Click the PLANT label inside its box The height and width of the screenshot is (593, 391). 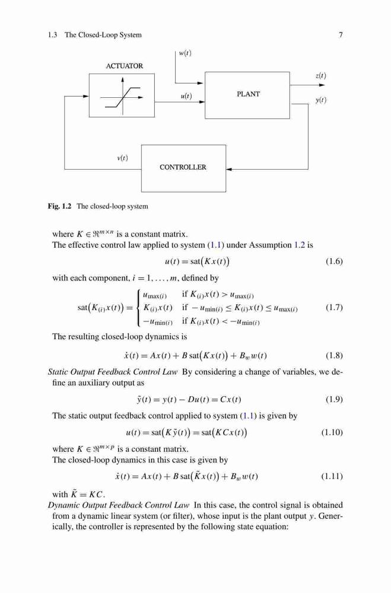point(248,94)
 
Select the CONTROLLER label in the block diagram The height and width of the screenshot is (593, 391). point(183,167)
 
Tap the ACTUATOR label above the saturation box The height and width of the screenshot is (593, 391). point(125,66)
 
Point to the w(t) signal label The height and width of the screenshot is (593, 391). point(185,53)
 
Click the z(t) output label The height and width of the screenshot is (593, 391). point(320,75)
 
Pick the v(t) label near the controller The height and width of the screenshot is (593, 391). point(122,158)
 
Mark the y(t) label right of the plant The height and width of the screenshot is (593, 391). point(321,100)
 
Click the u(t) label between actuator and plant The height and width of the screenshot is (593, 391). point(186,96)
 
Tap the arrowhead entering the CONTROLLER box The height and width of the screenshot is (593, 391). point(229,170)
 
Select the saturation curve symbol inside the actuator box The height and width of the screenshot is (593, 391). point(122,98)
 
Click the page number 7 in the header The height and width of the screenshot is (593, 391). point(341,35)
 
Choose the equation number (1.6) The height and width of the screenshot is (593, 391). point(334,262)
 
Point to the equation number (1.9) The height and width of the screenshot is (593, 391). point(334,399)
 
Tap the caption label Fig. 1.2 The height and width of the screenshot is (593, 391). point(59,206)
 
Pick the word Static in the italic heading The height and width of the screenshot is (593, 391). point(58,372)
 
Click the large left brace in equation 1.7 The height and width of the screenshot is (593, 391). point(139,307)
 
